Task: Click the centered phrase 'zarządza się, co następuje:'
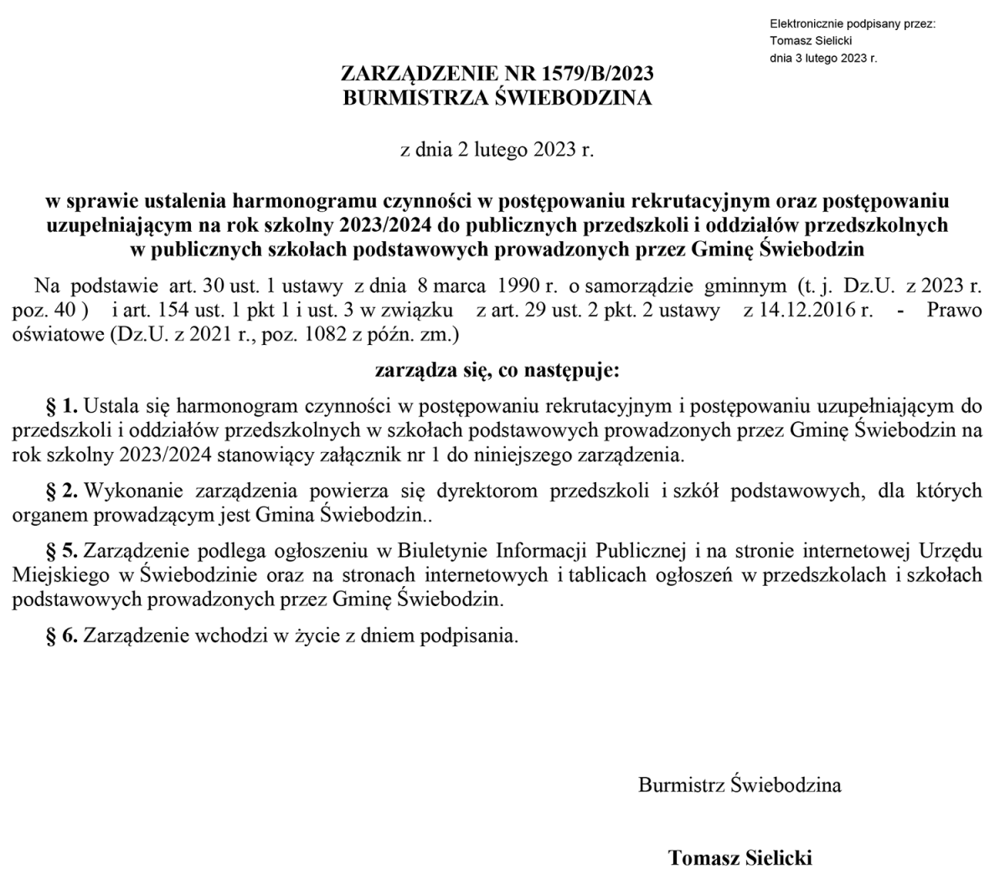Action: point(497,369)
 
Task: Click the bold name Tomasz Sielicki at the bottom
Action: point(740,858)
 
